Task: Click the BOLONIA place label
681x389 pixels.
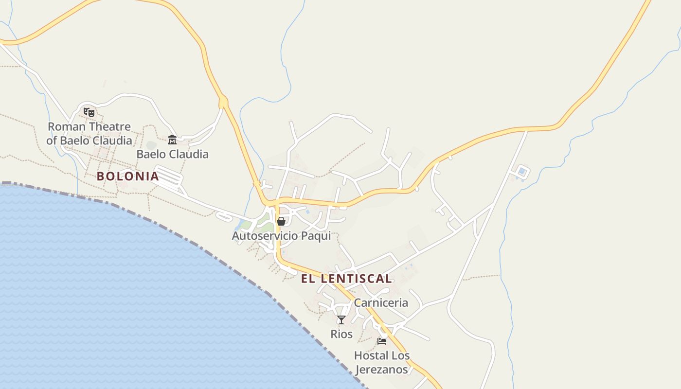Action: (x=127, y=176)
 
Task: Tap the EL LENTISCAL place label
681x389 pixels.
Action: (x=346, y=279)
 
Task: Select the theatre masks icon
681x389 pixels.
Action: (x=89, y=112)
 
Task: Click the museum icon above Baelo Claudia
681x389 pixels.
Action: (x=172, y=140)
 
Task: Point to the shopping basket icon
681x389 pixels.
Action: (x=281, y=221)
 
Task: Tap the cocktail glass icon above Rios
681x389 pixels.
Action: (x=341, y=319)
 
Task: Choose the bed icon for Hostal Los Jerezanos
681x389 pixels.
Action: (x=382, y=341)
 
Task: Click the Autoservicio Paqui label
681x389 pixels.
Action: (x=281, y=236)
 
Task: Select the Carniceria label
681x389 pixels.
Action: (x=381, y=302)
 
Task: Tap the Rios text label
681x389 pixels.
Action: (x=341, y=334)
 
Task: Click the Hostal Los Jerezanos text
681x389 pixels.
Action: (x=382, y=362)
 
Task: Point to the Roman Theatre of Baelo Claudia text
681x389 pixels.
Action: (x=89, y=134)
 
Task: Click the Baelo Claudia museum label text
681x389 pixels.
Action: (x=172, y=154)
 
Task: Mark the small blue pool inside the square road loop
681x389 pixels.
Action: (x=522, y=171)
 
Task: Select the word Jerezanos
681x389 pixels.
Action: (x=382, y=369)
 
